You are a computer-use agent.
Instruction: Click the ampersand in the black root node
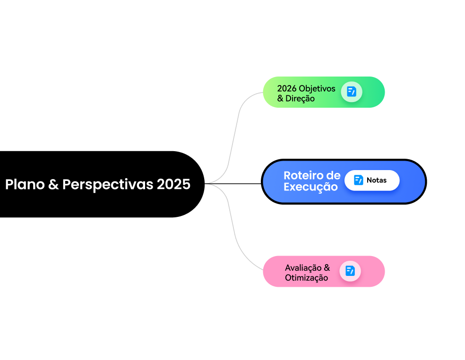[x=53, y=184]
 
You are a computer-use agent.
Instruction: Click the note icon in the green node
[x=352, y=92]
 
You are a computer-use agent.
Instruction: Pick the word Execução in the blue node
[x=310, y=187]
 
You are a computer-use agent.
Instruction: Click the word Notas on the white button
[x=377, y=180]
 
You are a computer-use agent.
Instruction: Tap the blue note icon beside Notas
[x=359, y=180]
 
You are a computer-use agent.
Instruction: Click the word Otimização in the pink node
[x=306, y=278]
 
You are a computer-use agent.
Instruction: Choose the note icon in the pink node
[x=350, y=271]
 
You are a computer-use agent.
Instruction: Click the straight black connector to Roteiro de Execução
[x=234, y=183]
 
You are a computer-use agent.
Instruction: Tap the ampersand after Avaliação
[x=327, y=267]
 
